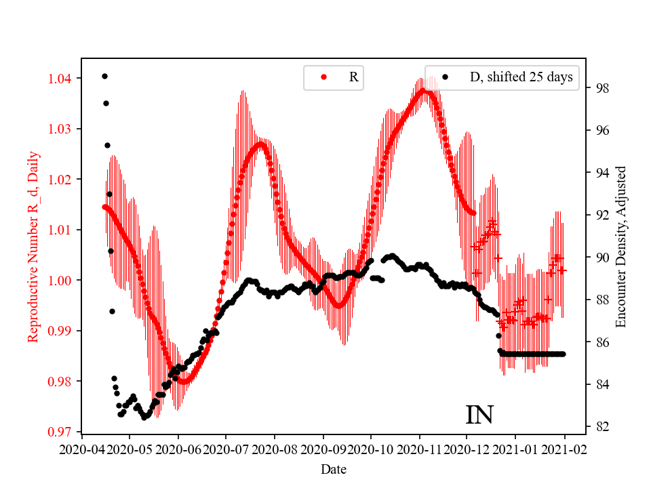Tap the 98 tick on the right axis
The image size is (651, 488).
coord(602,89)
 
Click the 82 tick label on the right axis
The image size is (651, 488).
coord(602,427)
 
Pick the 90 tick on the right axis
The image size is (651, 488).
coord(602,258)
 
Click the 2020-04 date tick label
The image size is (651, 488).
coord(81,449)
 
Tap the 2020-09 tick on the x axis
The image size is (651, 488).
coord(323,449)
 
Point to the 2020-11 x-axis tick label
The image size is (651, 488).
coord(419,449)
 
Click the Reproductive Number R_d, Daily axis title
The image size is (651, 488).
coord(33,246)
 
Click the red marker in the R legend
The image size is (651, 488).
coord(323,77)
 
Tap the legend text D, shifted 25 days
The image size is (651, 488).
coord(521,77)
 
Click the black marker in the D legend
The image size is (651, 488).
coord(445,77)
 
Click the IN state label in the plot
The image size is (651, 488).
coord(479,415)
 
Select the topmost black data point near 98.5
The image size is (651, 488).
coord(104,76)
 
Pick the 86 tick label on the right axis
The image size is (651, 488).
coord(602,342)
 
